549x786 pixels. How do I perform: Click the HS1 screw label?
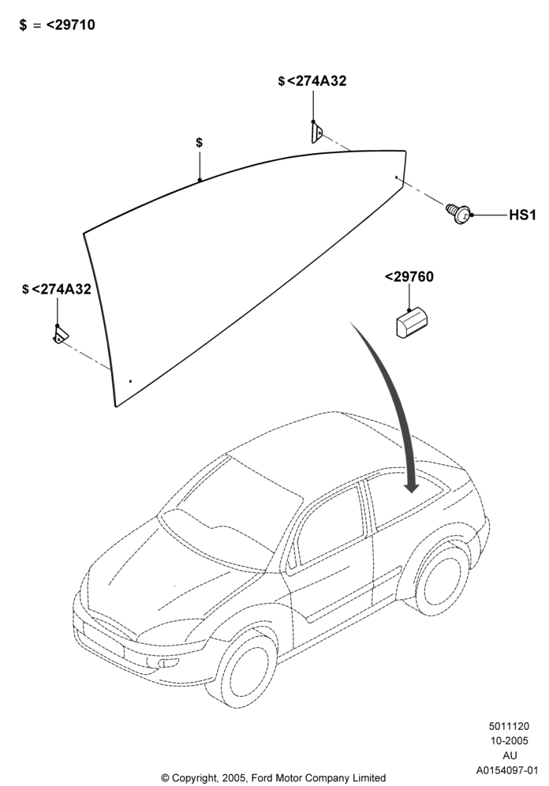(522, 215)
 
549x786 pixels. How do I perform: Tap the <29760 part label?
(409, 277)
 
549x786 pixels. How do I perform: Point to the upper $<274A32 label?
(312, 81)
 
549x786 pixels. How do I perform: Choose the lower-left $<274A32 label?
(57, 290)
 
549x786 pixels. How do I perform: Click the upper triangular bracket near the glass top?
(316, 133)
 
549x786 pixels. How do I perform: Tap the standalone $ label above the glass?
(200, 142)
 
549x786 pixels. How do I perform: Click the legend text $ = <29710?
(57, 24)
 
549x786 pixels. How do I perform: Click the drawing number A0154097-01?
(507, 770)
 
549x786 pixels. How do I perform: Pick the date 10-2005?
(509, 741)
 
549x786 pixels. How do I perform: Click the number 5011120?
(509, 726)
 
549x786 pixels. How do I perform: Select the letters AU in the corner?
(510, 755)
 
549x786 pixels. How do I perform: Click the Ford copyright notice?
(274, 778)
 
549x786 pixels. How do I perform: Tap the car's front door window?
(328, 526)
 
